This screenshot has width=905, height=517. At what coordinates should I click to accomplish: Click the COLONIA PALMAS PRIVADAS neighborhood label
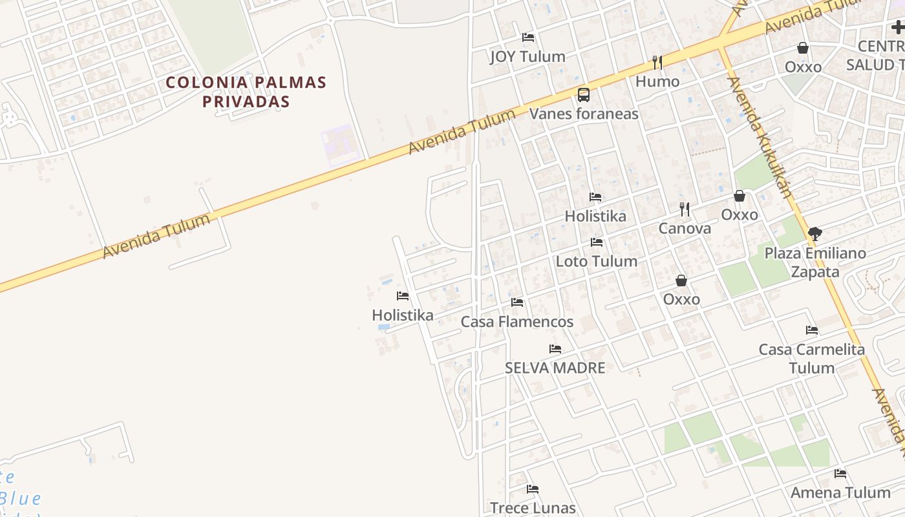[246, 92]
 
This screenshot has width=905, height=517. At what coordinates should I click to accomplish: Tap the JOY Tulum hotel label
[527, 57]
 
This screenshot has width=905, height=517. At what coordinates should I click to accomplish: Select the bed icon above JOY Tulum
[528, 37]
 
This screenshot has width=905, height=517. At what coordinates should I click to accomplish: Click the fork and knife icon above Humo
[657, 62]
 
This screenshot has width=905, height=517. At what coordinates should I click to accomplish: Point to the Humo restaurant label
[657, 81]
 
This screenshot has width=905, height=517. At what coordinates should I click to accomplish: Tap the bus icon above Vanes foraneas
[583, 95]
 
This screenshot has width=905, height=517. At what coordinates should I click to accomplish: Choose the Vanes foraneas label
[583, 114]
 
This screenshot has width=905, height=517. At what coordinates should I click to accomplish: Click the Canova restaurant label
[684, 228]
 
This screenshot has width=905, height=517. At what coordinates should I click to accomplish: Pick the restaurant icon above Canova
[684, 209]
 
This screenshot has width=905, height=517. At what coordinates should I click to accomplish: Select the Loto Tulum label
[596, 262]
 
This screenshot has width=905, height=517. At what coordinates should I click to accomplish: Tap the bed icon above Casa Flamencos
[516, 302]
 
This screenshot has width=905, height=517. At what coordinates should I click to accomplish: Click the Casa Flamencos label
[516, 322]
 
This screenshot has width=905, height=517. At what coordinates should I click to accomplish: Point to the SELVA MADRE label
[555, 368]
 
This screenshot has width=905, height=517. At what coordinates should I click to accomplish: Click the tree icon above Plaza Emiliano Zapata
[814, 233]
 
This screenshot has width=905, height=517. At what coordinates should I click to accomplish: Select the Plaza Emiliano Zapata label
[814, 262]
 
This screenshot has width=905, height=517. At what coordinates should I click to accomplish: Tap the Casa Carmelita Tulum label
[811, 359]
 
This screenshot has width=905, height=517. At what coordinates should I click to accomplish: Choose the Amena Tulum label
[840, 493]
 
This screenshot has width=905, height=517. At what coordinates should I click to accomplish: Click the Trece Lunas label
[532, 508]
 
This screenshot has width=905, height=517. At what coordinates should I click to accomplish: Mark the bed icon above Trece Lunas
[532, 489]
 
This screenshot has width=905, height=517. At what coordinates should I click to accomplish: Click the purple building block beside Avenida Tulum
[340, 145]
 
